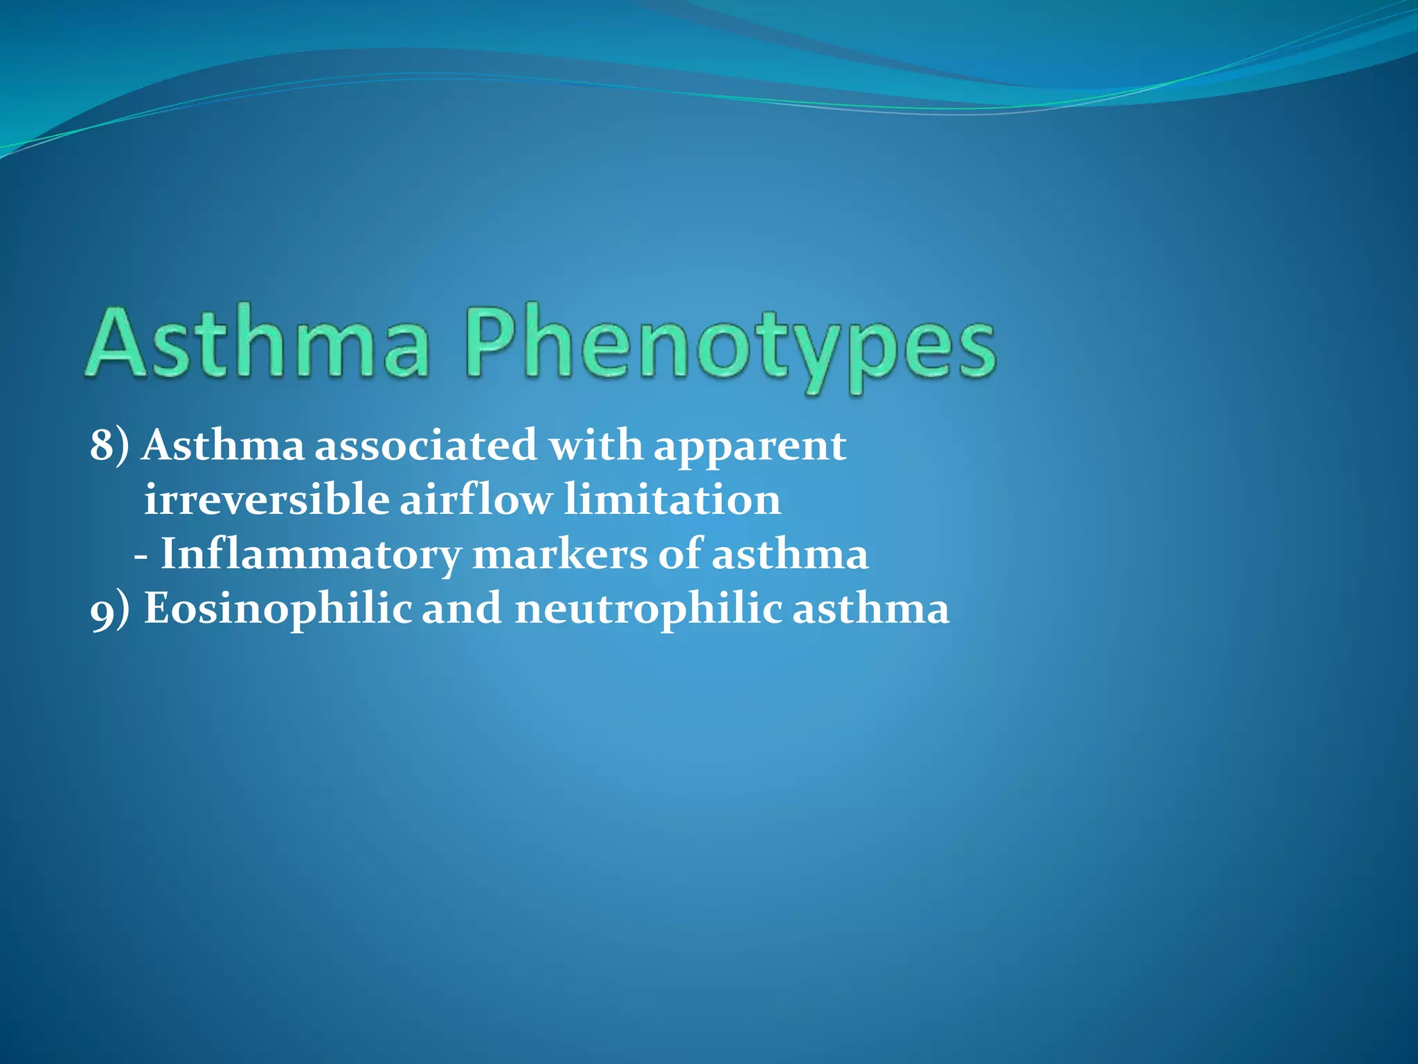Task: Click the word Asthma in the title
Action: point(256,344)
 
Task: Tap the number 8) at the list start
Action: point(109,445)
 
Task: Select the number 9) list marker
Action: point(109,610)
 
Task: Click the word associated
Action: point(426,445)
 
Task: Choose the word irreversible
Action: point(267,499)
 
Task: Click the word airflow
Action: point(476,499)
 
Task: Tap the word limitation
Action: point(672,499)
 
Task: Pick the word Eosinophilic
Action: point(278,610)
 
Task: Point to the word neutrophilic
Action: point(648,610)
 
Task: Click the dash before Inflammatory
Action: point(141,556)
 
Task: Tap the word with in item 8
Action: point(596,445)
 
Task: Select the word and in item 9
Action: point(462,609)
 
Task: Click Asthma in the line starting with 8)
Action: point(223,445)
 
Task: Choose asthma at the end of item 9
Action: point(870,609)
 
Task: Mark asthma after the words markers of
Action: point(790,554)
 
